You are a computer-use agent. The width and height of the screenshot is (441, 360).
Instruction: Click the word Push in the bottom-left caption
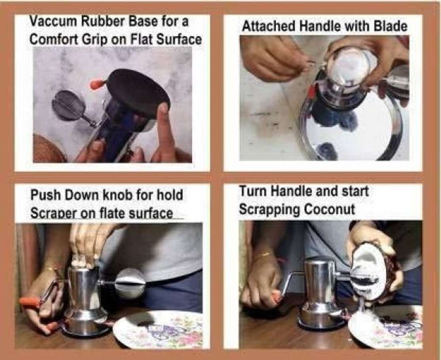[x=44, y=195]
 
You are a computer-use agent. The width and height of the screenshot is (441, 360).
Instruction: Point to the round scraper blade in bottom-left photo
[x=130, y=283]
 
